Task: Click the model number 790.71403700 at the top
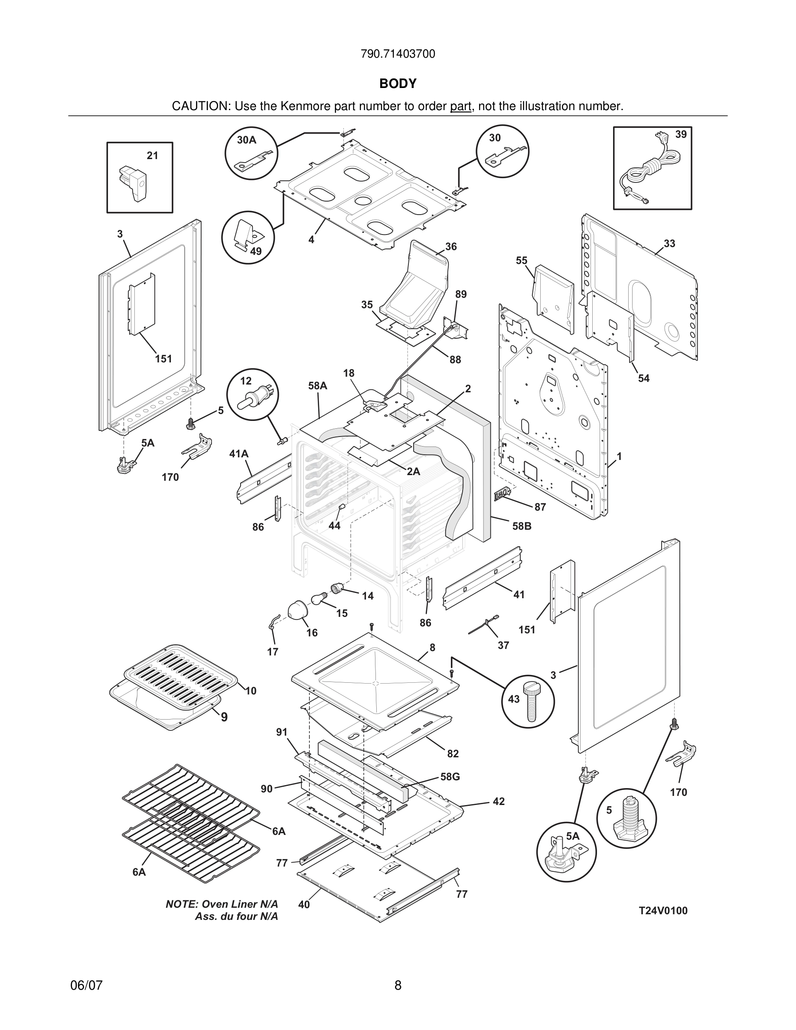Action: click(398, 54)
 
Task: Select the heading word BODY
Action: click(398, 84)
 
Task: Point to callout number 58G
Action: click(450, 776)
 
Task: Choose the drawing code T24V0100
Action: click(662, 911)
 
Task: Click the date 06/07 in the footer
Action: click(86, 985)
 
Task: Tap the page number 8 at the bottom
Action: click(398, 985)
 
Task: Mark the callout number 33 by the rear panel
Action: click(669, 244)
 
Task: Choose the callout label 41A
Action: click(238, 454)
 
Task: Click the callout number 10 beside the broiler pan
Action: click(251, 691)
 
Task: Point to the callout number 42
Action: click(499, 801)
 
